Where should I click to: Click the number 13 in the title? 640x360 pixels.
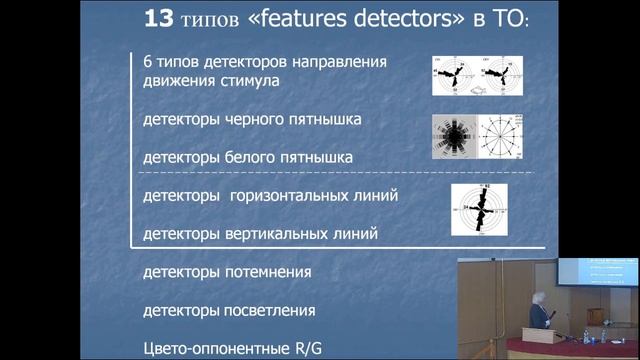click(x=161, y=21)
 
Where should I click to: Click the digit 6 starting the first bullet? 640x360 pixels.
click(x=148, y=61)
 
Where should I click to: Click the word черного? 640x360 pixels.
click(x=257, y=120)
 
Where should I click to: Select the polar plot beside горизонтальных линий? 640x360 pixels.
click(x=478, y=212)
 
